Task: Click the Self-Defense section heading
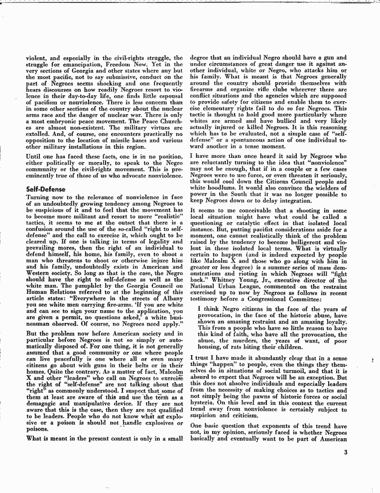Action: pyautogui.click(x=46, y=189)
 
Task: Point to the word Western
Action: pyautogui.click(x=39, y=273)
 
